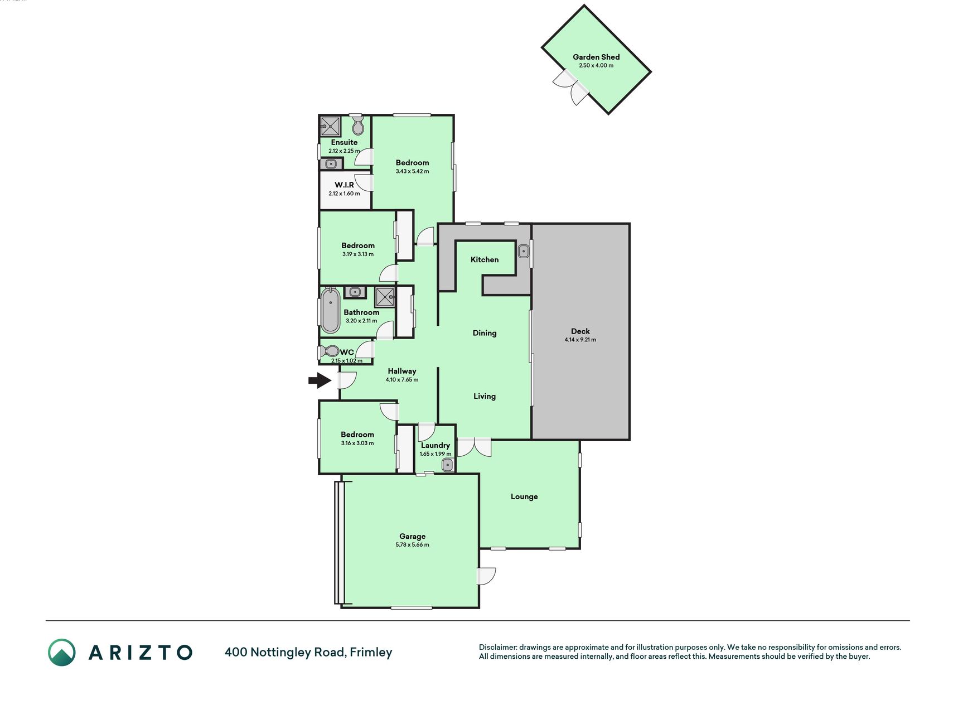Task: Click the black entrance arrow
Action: pyautogui.click(x=320, y=380)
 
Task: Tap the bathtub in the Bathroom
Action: pyautogui.click(x=331, y=310)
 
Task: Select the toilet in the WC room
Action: pyautogui.click(x=330, y=351)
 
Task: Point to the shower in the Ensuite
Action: pyautogui.click(x=330, y=127)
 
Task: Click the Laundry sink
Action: pyautogui.click(x=447, y=465)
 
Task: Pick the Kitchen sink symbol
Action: pyautogui.click(x=524, y=252)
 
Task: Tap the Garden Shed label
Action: pyautogui.click(x=596, y=57)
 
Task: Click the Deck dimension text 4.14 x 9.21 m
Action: pyautogui.click(x=580, y=340)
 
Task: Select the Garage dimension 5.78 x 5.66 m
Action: pyautogui.click(x=412, y=545)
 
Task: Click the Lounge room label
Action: pyautogui.click(x=524, y=496)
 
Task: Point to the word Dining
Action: pyautogui.click(x=485, y=333)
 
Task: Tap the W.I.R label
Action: pyautogui.click(x=344, y=185)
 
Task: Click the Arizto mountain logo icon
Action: pyautogui.click(x=61, y=653)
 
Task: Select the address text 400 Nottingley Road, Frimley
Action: pyautogui.click(x=308, y=652)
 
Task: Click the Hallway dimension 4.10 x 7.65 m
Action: pyautogui.click(x=402, y=380)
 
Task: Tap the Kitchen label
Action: pyautogui.click(x=485, y=259)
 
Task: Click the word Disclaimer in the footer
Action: pyautogui.click(x=498, y=648)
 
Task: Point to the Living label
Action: pyautogui.click(x=485, y=396)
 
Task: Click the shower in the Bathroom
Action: pyautogui.click(x=385, y=297)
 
